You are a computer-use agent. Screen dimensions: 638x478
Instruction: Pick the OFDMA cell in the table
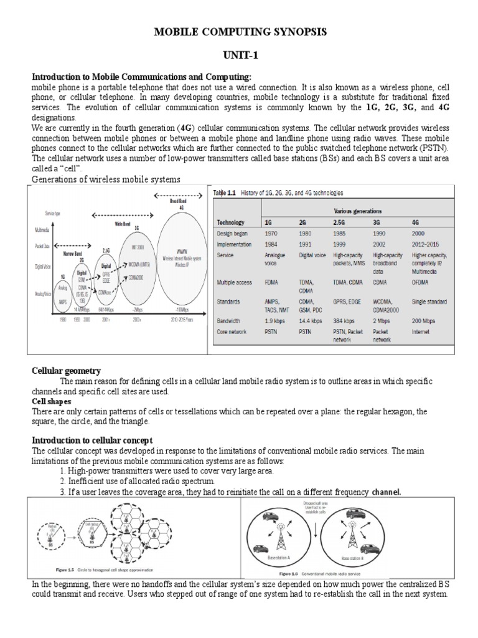pos(421,282)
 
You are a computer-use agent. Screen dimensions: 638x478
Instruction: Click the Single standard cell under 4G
pos(429,302)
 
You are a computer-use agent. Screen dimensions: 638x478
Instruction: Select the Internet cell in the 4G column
pos(420,332)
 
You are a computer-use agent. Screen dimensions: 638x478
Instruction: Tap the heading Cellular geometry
pos(66,371)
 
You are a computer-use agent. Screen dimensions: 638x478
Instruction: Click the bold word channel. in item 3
pos(387,492)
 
